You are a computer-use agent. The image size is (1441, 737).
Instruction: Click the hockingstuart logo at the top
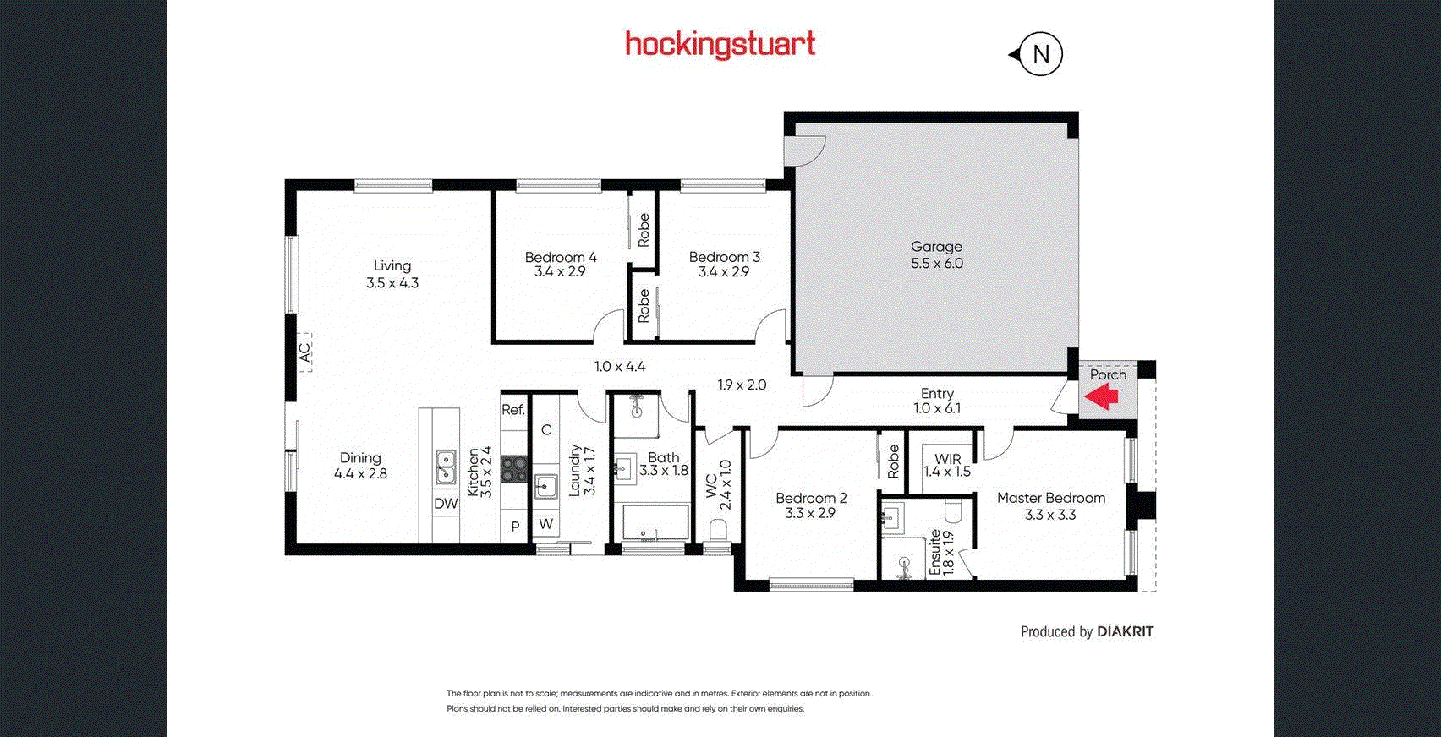point(720,45)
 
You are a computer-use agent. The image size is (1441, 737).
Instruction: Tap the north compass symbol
point(1037,54)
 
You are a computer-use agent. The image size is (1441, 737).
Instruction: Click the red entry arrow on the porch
point(1101,396)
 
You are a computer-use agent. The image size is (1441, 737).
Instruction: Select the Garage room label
point(937,246)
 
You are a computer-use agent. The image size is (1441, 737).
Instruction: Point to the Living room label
point(392,265)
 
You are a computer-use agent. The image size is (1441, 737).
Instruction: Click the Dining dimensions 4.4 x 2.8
point(360,474)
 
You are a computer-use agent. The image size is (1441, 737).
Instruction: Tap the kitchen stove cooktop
point(514,469)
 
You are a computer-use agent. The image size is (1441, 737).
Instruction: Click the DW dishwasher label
point(446,504)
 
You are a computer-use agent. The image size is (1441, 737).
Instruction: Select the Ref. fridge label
point(513,410)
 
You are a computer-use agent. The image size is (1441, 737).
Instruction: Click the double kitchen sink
point(445,467)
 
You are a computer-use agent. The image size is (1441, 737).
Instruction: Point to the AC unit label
point(304,352)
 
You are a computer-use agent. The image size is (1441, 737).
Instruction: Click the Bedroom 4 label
point(561,257)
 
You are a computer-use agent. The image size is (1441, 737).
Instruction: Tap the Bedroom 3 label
point(725,257)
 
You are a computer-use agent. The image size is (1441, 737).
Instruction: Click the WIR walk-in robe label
point(948,459)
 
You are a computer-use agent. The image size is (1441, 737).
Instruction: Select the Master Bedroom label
point(1051,498)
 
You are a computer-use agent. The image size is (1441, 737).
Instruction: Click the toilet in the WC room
point(717,532)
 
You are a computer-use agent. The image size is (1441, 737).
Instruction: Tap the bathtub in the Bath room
point(655,523)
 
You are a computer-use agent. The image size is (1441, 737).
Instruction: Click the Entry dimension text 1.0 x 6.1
point(937,408)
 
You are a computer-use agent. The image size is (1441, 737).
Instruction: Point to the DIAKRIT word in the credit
point(1125,631)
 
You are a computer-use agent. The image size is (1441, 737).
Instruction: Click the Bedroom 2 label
point(810,498)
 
